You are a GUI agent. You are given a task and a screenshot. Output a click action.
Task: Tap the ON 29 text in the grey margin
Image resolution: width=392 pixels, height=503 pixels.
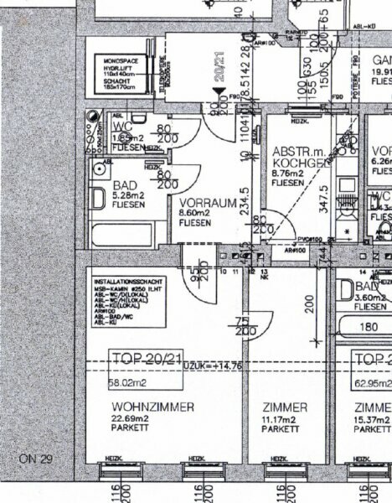click(x=35, y=459)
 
